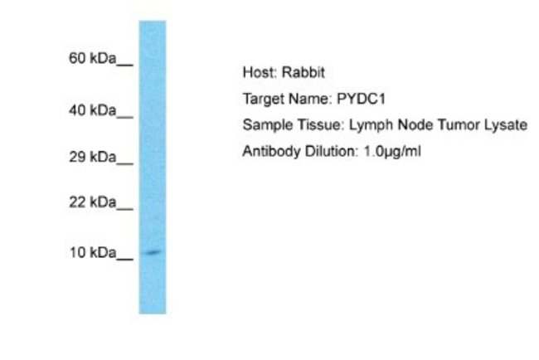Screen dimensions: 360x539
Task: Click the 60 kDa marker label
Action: (91, 59)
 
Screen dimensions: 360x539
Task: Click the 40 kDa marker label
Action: (91, 110)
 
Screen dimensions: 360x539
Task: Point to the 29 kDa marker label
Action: (91, 158)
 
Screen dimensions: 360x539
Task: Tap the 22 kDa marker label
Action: (91, 202)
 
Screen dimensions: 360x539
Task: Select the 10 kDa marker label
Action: (91, 253)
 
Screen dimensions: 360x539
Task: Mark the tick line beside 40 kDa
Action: (125, 114)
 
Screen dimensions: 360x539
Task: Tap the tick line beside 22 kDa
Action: (125, 207)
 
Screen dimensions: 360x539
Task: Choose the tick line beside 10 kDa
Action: (125, 258)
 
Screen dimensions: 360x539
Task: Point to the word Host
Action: (256, 73)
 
